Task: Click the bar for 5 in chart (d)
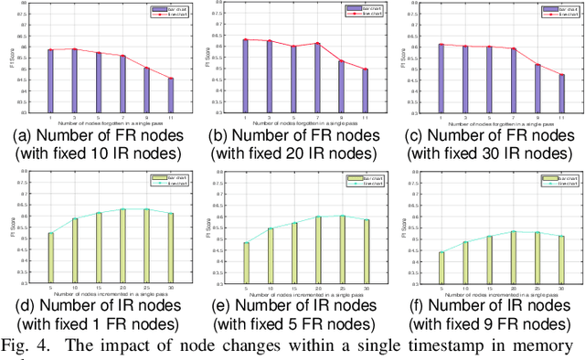pos(50,261)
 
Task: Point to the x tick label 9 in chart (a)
pos(146,115)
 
